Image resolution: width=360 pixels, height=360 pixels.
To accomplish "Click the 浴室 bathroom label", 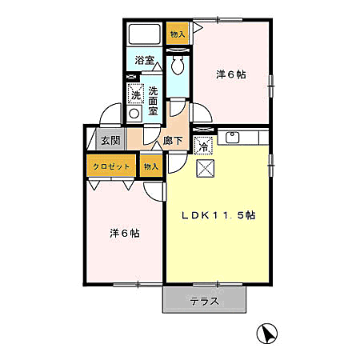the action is [144, 60].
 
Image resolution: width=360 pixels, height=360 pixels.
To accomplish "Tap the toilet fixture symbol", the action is [178, 65].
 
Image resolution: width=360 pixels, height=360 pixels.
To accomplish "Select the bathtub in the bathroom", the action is [144, 34].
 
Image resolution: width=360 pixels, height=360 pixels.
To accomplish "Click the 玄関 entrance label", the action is [110, 140].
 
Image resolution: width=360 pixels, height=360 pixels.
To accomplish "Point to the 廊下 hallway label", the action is [173, 141].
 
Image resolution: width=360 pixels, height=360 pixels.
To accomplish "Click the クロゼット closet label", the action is [111, 166].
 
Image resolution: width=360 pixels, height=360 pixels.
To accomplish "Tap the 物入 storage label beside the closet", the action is [151, 166].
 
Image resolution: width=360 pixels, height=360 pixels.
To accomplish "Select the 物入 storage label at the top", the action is [178, 34].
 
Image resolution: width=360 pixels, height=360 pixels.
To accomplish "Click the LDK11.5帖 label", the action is [218, 215].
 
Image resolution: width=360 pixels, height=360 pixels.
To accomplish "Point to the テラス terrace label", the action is [204, 302].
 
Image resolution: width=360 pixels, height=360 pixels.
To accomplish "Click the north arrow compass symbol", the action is [266, 333].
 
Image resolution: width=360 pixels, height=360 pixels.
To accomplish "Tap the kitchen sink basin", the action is [233, 138].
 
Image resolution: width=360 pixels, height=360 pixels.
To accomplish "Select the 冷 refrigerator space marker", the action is [203, 146].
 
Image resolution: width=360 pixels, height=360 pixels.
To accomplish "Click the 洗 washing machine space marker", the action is [136, 93].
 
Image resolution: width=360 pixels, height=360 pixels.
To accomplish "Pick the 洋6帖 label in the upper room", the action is [231, 74].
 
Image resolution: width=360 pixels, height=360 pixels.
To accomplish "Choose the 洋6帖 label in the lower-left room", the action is [125, 234].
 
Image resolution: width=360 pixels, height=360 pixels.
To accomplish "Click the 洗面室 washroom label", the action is [153, 101].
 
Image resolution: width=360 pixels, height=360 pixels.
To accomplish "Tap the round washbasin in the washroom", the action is [134, 114].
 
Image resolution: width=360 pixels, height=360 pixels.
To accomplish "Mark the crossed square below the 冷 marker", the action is [206, 168].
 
